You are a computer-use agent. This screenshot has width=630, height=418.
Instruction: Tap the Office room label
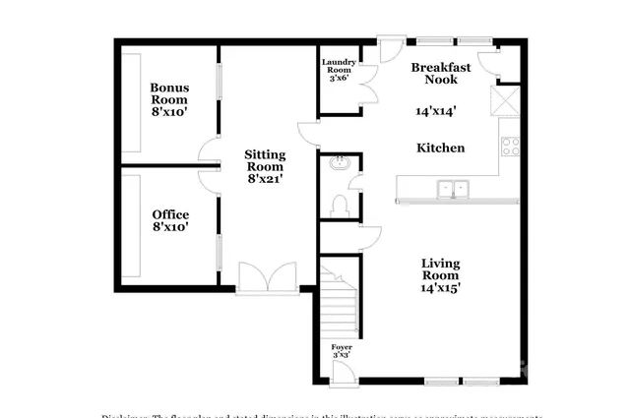[x=170, y=214]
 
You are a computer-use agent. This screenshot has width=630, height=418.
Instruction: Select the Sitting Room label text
[x=265, y=160]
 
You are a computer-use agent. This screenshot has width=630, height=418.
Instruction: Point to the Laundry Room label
[x=339, y=67]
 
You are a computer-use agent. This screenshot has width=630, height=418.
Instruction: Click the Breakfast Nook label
[x=440, y=75]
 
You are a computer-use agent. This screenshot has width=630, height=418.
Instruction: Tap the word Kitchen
[x=440, y=148]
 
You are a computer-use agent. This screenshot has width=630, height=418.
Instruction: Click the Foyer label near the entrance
[x=341, y=348]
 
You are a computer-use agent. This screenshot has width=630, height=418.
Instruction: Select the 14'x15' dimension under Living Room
[x=441, y=288]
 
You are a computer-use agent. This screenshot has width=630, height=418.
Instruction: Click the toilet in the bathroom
[x=339, y=204]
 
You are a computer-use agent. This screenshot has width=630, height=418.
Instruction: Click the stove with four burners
[x=511, y=147]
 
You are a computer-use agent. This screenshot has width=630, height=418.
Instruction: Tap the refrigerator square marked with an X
[x=510, y=100]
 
